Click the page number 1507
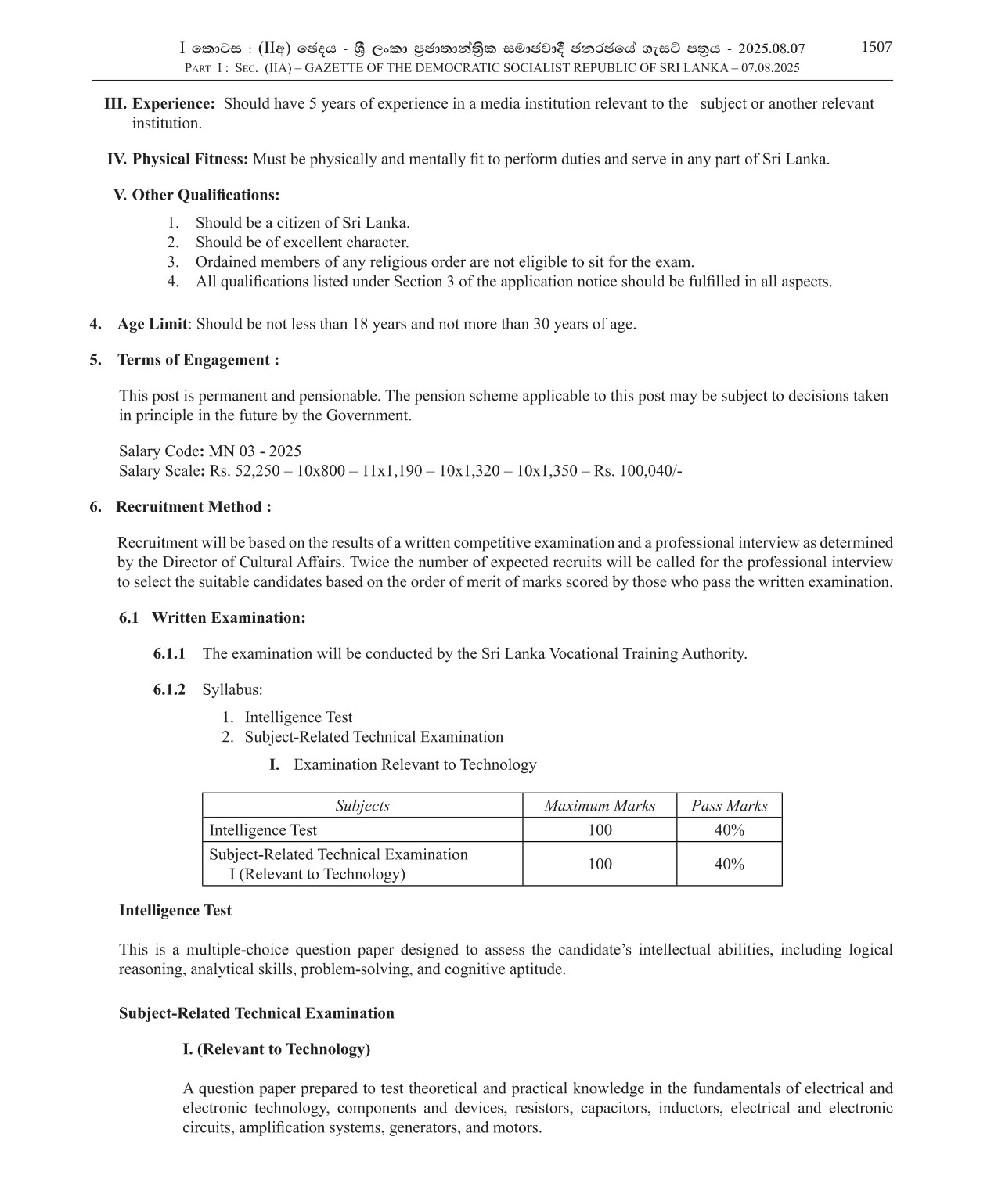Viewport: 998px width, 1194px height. pyautogui.click(x=876, y=47)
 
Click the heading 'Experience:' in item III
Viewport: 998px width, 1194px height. pyautogui.click(x=173, y=104)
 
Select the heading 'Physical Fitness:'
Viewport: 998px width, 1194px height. pyautogui.click(x=190, y=160)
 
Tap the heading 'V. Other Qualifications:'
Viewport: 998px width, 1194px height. pyautogui.click(x=196, y=195)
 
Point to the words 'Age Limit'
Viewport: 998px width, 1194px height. pyautogui.click(x=153, y=324)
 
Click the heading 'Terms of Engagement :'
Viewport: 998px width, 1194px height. pyautogui.click(x=198, y=360)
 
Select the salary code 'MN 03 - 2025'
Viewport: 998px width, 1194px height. pyautogui.click(x=255, y=451)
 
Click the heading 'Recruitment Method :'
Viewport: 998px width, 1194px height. pyautogui.click(x=193, y=507)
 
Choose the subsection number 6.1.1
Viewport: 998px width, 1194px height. pyautogui.click(x=169, y=654)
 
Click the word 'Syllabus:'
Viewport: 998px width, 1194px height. pyautogui.click(x=232, y=690)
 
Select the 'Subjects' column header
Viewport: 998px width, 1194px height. pyautogui.click(x=362, y=806)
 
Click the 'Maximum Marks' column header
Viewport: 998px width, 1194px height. pyautogui.click(x=600, y=806)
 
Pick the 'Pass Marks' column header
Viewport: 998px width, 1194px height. pyautogui.click(x=730, y=806)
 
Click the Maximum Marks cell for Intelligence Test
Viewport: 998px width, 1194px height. pyautogui.click(x=600, y=830)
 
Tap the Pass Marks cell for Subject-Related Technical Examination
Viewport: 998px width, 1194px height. pyautogui.click(x=730, y=865)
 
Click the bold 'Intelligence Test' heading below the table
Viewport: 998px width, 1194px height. pyautogui.click(x=175, y=911)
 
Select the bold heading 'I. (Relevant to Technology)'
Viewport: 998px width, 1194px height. pyautogui.click(x=276, y=1049)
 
